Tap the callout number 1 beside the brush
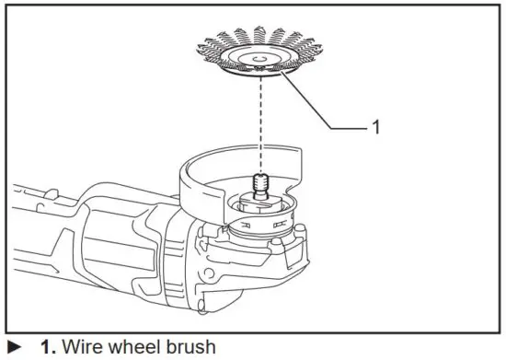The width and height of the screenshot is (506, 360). (374, 128)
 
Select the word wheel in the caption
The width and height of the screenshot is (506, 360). (134, 348)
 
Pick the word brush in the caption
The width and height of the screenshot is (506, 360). (190, 348)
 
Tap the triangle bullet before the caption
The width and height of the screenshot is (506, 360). (12, 348)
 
